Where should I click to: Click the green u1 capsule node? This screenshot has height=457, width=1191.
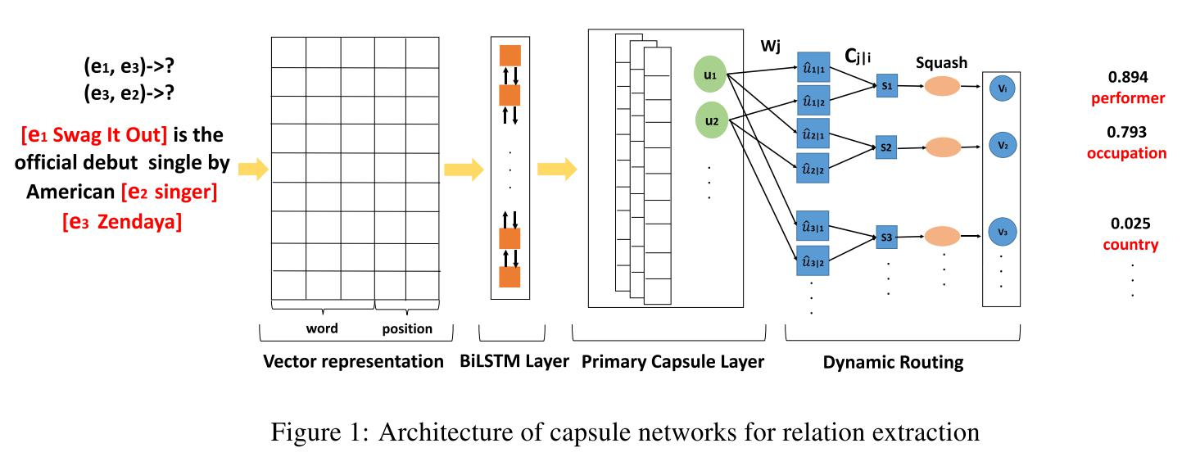coord(709,75)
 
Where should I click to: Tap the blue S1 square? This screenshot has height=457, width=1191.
coord(886,85)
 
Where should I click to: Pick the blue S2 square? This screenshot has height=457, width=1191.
coord(886,149)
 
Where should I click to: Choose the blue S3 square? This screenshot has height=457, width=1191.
coord(886,237)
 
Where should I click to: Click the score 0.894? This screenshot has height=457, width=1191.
coord(1128,78)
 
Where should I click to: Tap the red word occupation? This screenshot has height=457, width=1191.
coord(1126,153)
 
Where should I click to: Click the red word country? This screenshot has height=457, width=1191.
coord(1130,244)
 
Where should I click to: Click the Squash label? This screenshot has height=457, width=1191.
coord(941,62)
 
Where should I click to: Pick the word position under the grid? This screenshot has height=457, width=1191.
coord(407,328)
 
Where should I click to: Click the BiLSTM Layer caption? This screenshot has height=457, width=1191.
coord(514,361)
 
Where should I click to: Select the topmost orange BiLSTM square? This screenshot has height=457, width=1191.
coord(510,56)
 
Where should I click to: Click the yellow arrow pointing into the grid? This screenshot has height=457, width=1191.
coord(253,170)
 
